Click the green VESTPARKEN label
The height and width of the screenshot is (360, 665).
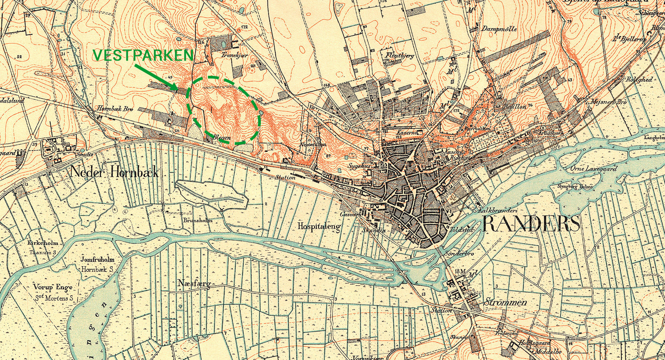click(143, 55)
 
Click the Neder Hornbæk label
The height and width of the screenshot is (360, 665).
click(114, 172)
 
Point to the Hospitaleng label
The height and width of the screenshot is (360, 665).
click(320, 226)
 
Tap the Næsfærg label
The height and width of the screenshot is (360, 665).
click(194, 284)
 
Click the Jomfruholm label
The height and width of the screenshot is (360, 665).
click(97, 259)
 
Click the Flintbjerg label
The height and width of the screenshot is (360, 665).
click(400, 55)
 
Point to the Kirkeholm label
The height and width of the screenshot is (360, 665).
click(43, 243)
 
